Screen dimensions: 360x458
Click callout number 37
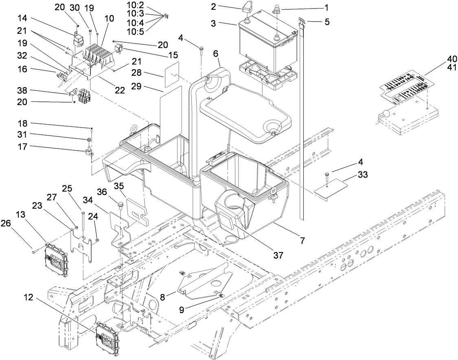(278, 255)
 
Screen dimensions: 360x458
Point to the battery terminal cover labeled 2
(248, 8)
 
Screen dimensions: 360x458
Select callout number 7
(302, 241)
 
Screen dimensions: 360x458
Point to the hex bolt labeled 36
(121, 202)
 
